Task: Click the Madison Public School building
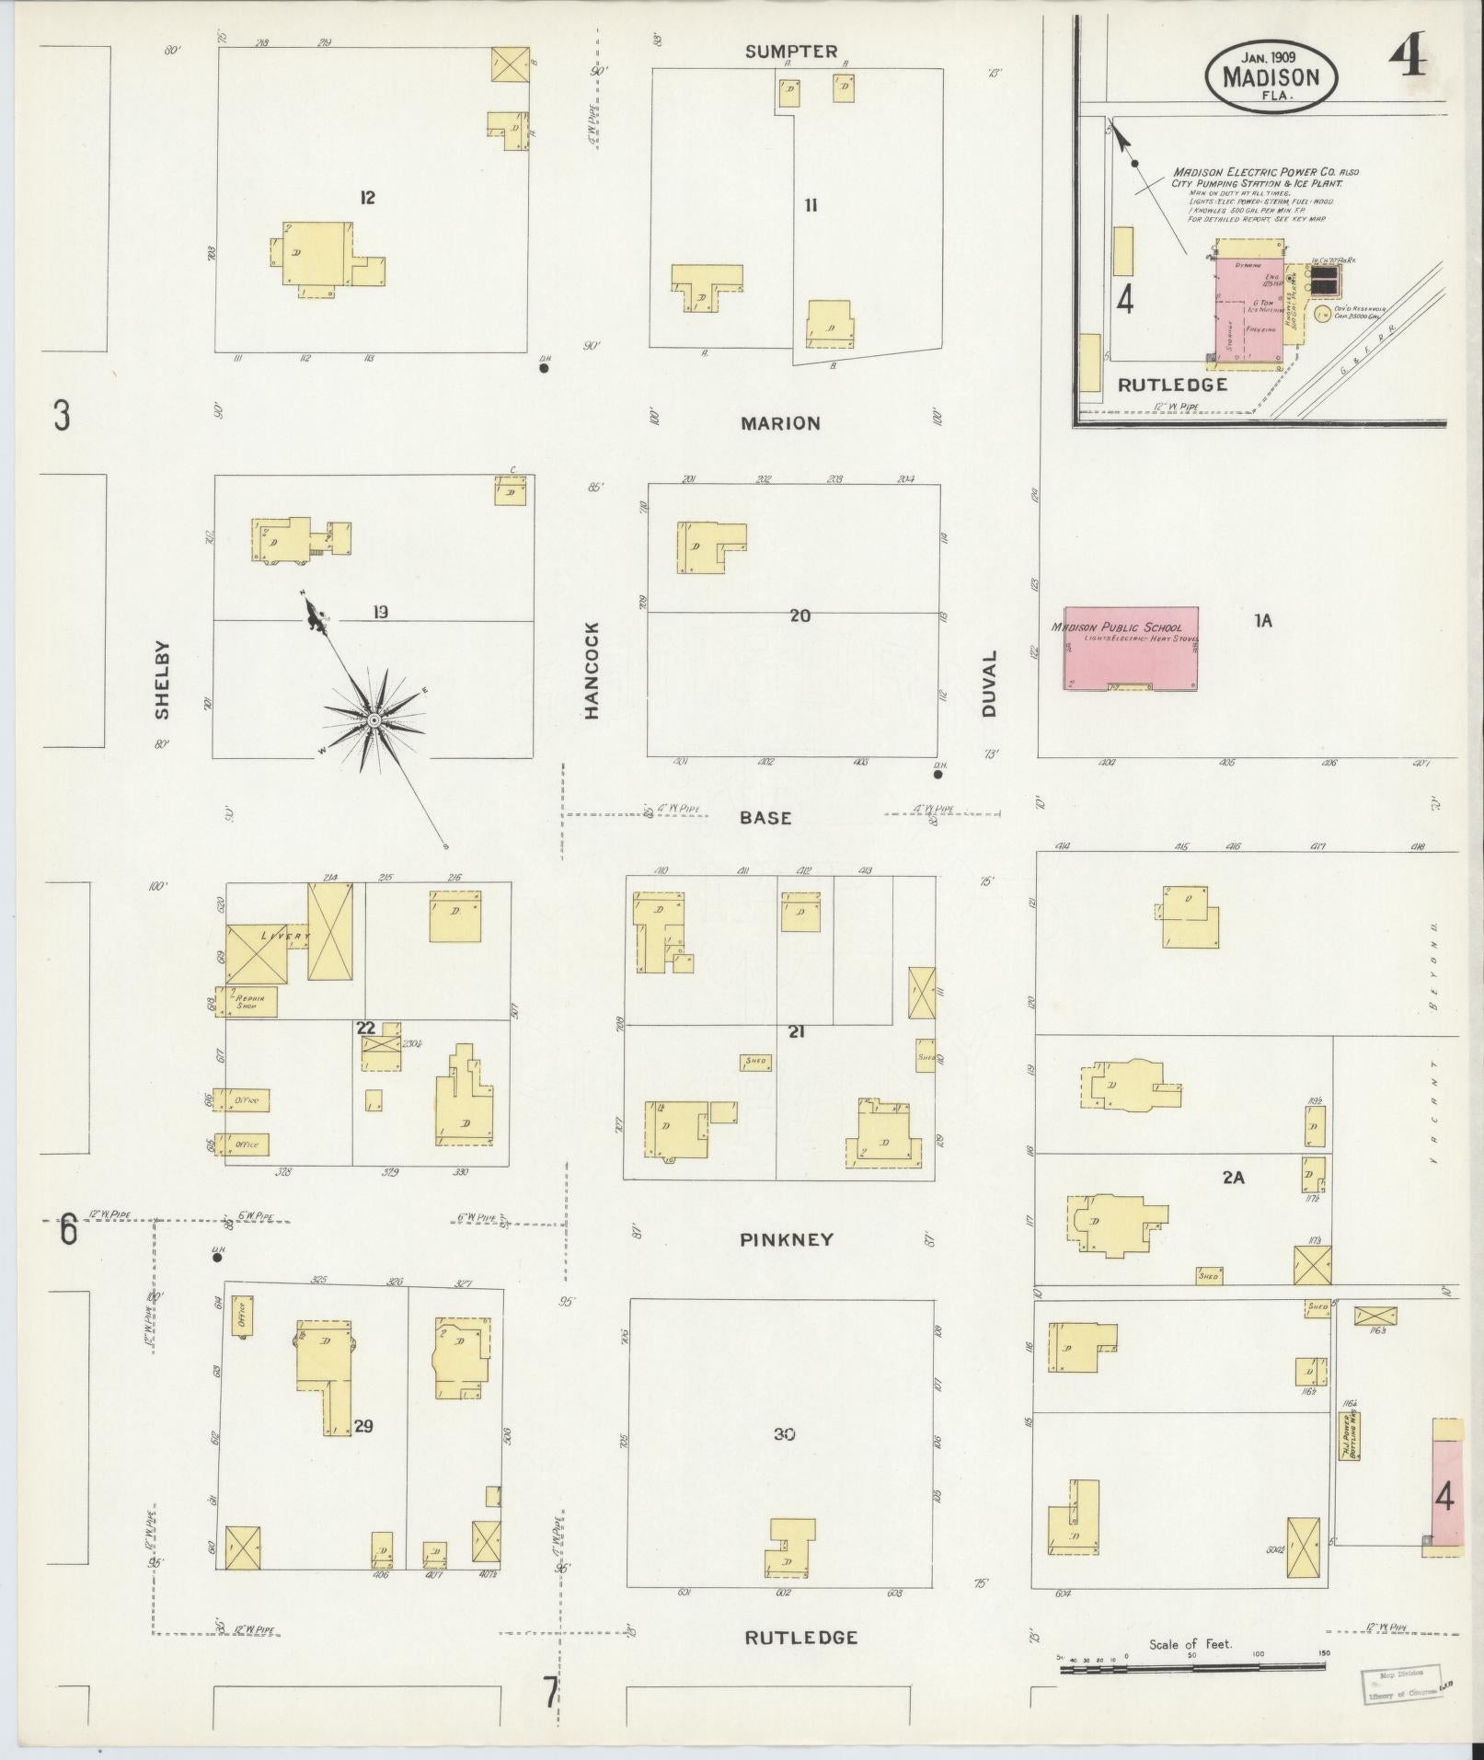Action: [x=1131, y=648]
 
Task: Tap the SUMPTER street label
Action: [x=791, y=52]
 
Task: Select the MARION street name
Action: [x=780, y=423]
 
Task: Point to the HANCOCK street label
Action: [x=591, y=671]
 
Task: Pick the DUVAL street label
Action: [x=989, y=684]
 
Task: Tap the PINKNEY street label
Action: [x=787, y=1239]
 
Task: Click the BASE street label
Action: [x=765, y=817]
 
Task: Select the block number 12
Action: [x=367, y=197]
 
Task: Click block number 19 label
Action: [x=380, y=611]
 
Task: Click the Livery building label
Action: [x=287, y=935]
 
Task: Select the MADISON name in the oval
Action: [x=1271, y=77]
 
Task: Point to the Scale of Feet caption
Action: [x=1191, y=1644]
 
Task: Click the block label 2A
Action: [x=1233, y=1177]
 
